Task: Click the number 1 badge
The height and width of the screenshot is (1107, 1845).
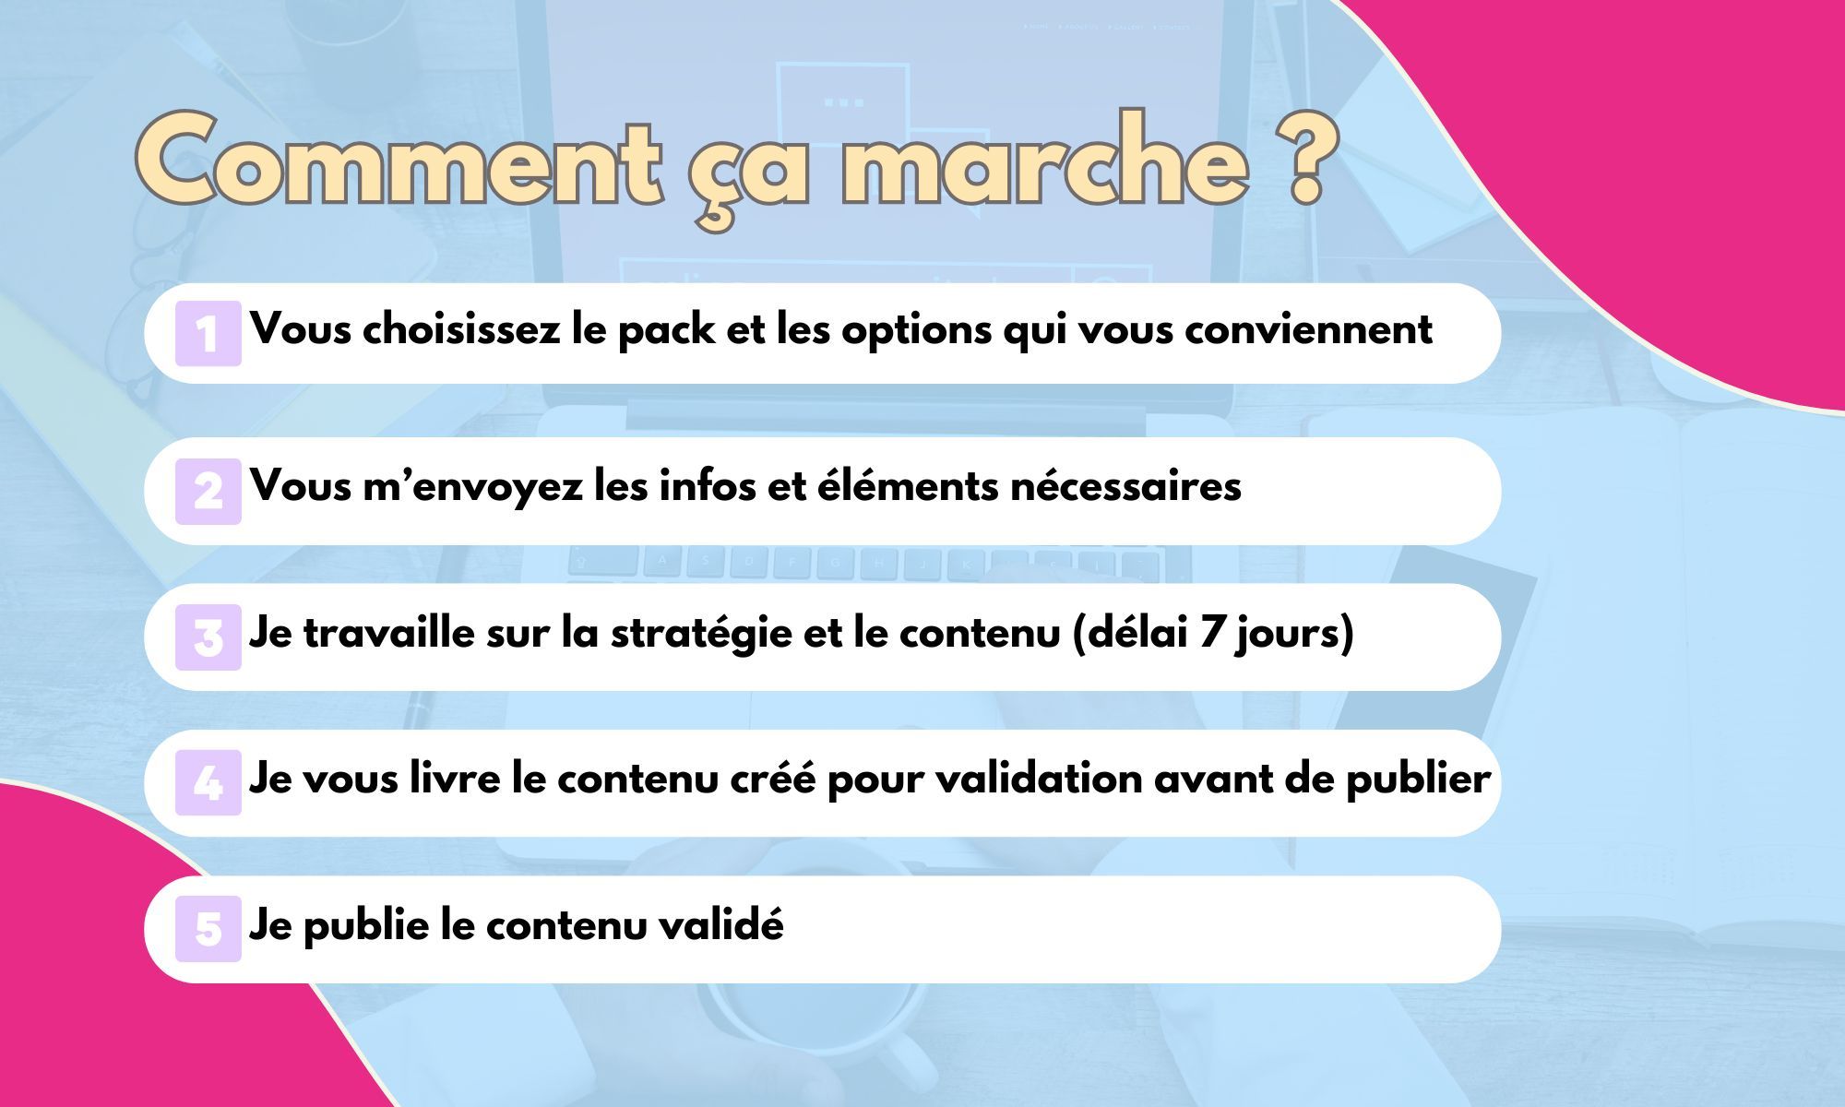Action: coord(208,333)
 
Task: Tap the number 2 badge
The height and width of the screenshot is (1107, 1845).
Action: coord(208,491)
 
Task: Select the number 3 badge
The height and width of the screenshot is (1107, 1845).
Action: coord(208,637)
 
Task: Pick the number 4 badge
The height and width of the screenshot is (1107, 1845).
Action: coord(208,782)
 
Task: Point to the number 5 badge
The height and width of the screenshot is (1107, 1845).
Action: coord(208,929)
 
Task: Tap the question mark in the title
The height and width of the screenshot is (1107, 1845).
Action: coord(1304,159)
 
